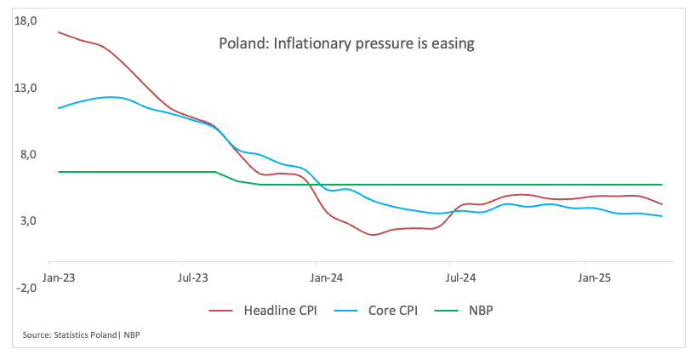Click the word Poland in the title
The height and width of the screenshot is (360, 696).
coord(241,43)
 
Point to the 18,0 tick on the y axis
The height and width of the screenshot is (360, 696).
coord(26,21)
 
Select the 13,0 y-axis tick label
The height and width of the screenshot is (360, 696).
coord(26,88)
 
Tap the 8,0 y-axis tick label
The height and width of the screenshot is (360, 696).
coord(29,155)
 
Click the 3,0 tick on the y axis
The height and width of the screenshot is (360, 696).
coord(29,221)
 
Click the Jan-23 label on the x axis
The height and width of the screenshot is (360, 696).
coord(57,277)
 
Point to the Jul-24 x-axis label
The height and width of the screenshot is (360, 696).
coord(460,277)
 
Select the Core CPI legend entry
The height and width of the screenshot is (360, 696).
coord(388,311)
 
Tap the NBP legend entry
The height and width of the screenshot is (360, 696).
coord(479,311)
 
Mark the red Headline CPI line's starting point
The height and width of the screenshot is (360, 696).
coord(58,31)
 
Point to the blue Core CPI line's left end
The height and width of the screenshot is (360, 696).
coord(58,108)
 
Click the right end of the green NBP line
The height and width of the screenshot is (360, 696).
coord(662,185)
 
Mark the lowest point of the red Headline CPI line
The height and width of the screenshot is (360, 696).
coord(374,235)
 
